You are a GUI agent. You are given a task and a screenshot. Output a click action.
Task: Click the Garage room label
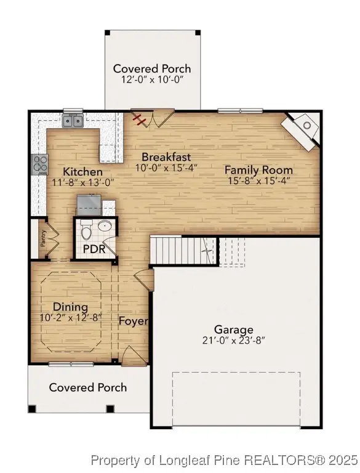[233, 329]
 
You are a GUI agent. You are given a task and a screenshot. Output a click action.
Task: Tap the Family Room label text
[258, 170]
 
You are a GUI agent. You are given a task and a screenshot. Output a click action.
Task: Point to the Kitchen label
[82, 172]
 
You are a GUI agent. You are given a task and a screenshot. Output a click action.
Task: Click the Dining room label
[70, 307]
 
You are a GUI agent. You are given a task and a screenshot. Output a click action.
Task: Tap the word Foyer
[132, 321]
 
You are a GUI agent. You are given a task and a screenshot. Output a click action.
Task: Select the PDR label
[95, 249]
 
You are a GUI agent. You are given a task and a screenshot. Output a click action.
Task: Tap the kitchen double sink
[73, 121]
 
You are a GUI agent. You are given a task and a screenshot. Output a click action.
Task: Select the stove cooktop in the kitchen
[40, 164]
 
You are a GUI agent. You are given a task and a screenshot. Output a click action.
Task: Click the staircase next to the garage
[185, 251]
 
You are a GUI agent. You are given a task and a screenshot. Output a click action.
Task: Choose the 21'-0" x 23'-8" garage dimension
[233, 340]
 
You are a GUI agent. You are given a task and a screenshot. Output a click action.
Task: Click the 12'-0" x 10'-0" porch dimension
[151, 79]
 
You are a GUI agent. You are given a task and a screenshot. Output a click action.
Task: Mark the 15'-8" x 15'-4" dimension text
[258, 181]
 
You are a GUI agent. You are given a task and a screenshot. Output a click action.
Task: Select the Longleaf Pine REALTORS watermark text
[224, 459]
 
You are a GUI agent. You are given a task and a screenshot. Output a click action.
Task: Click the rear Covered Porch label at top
[151, 68]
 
